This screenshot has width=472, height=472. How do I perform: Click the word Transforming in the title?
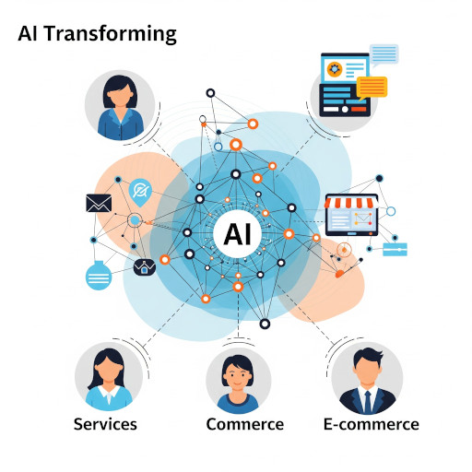tap(111, 34)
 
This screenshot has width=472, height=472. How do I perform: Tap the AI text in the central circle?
tap(238, 234)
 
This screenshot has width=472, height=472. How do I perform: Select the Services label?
tap(105, 424)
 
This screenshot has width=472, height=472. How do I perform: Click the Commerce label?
tap(245, 424)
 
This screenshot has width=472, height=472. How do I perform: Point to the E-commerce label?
tap(372, 424)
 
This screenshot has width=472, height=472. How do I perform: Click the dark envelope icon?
tap(99, 203)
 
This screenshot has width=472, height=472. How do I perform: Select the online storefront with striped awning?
tap(351, 215)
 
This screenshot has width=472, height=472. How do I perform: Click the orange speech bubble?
tap(372, 88)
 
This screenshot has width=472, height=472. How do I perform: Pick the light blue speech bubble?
tap(383, 54)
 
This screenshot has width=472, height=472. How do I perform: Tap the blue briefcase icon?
tap(395, 249)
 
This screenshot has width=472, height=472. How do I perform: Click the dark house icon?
tap(145, 267)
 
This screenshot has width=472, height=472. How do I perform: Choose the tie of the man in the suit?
tap(368, 402)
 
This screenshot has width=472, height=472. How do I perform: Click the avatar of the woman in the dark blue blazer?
tap(120, 105)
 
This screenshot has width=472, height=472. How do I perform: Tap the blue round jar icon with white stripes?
tap(99, 276)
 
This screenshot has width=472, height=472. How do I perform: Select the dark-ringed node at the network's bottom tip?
tap(265, 324)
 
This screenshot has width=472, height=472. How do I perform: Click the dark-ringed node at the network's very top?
tap(210, 93)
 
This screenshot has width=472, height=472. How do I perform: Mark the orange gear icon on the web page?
tap(335, 69)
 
